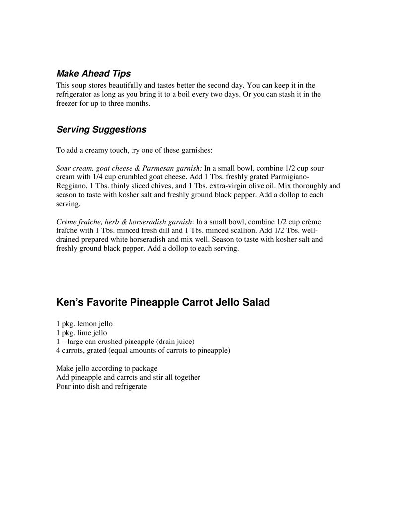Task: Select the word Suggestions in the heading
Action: (119, 130)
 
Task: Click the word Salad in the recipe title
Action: (256, 302)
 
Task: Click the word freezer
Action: (67, 104)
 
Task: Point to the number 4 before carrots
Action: (59, 351)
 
